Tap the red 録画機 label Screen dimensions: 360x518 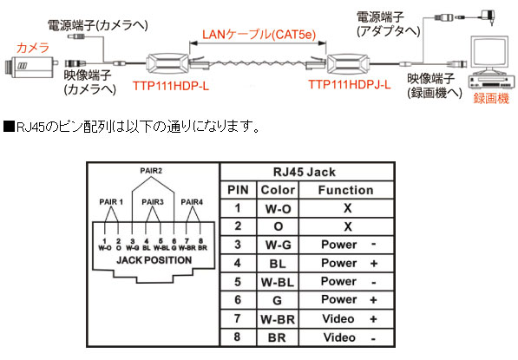[489, 98]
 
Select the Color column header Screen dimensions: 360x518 [278, 190]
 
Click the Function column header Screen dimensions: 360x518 [345, 190]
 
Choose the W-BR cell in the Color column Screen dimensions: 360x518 [278, 318]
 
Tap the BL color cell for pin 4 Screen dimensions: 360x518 [278, 263]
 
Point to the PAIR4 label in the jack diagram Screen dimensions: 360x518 [193, 202]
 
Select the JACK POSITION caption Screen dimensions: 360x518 [153, 260]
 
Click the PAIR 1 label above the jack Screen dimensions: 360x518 [110, 202]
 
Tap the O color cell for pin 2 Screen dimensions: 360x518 [278, 226]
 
